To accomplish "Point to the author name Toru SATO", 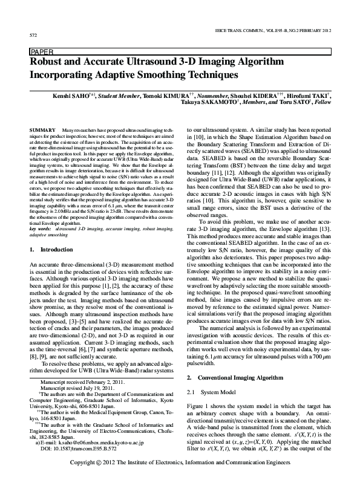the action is (292, 103).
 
